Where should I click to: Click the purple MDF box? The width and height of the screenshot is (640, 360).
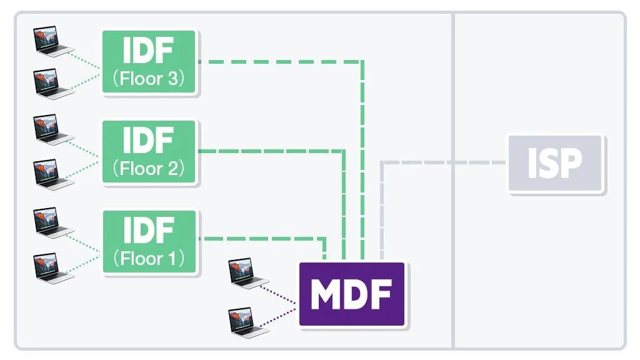[x=352, y=294]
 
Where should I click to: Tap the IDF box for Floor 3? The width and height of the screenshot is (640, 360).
[x=149, y=62]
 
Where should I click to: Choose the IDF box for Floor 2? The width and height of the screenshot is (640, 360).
[x=149, y=152]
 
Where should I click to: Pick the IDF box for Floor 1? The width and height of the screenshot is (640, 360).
[x=149, y=242]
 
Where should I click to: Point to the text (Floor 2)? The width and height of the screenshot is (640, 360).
[x=149, y=169]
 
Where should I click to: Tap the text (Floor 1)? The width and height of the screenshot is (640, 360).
[x=149, y=259]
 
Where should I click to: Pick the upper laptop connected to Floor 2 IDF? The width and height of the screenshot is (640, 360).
[x=52, y=129]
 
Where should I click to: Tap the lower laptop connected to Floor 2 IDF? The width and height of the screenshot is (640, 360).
[x=52, y=174]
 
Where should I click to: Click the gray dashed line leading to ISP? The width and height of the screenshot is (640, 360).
[x=444, y=163]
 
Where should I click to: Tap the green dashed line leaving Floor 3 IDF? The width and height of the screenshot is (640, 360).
[x=281, y=61]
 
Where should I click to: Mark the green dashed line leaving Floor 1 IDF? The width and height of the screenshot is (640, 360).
[x=262, y=238]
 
